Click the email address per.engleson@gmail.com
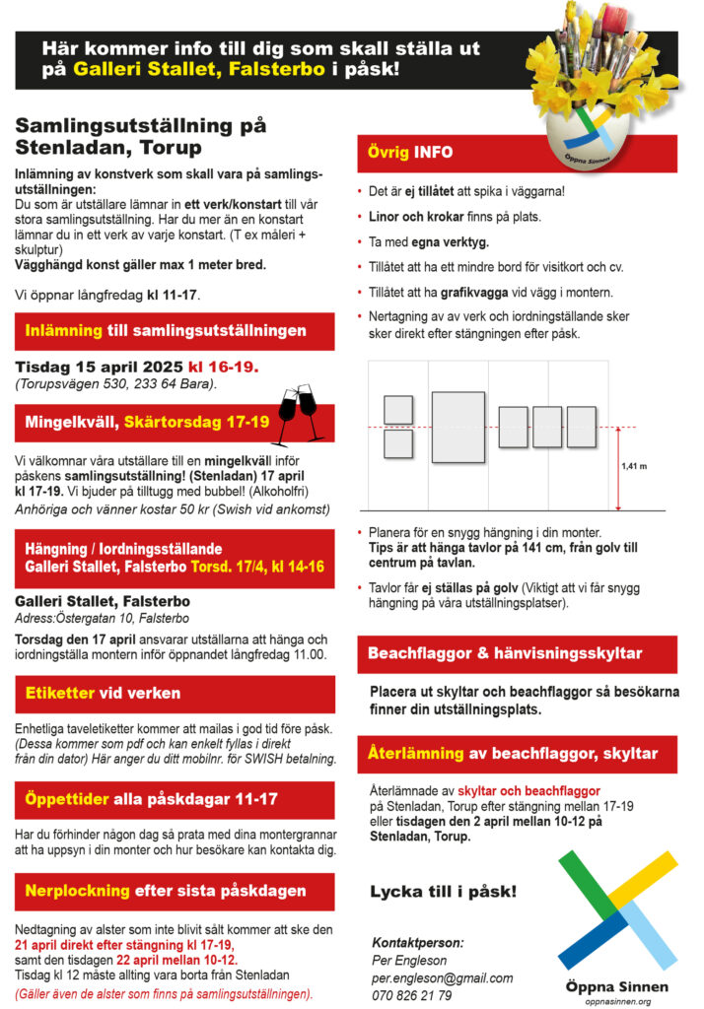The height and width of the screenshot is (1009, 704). click(442, 977)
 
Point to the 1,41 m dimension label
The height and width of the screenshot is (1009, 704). click(635, 466)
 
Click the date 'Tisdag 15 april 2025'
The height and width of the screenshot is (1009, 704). click(98, 367)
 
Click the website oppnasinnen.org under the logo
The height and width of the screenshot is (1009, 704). click(618, 1000)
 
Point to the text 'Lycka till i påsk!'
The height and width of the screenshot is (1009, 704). click(443, 892)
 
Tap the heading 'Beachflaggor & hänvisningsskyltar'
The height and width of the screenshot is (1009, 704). click(505, 653)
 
